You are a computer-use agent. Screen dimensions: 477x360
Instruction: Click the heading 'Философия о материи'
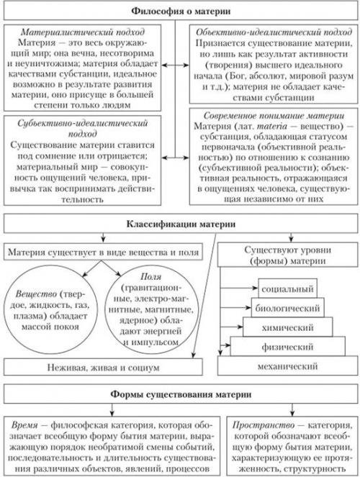pos(180,12)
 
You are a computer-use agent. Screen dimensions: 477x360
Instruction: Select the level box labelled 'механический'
pos(287,366)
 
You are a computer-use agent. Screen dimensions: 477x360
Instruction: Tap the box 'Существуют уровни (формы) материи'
pos(284,255)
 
